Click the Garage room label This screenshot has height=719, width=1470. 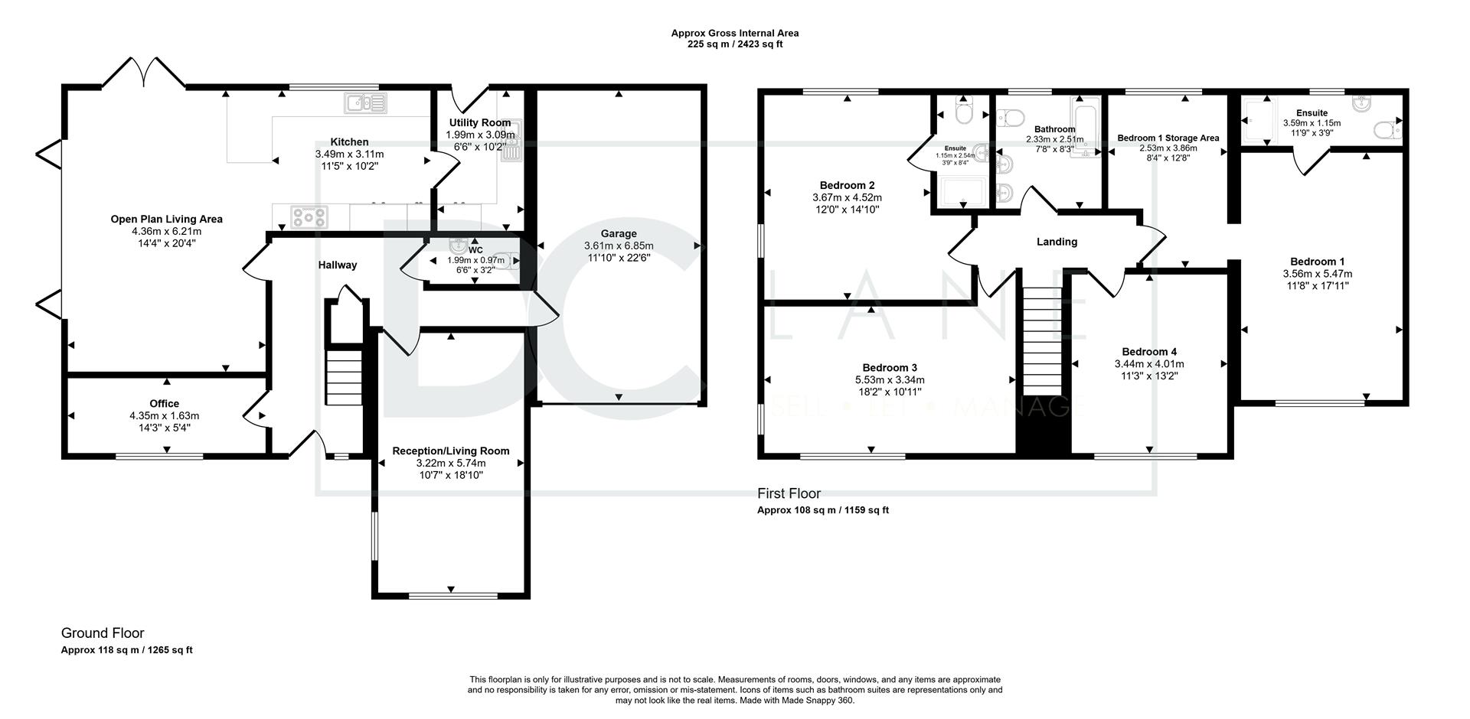point(618,234)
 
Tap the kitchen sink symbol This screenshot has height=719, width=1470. point(366,102)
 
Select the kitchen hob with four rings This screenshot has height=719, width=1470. point(309,217)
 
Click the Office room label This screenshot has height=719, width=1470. point(165,404)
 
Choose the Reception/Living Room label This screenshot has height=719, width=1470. point(451,451)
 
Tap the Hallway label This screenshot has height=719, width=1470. point(338,265)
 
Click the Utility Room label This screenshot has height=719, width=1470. point(480,123)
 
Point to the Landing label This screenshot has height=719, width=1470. point(1057,242)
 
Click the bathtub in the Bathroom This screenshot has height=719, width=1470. point(1086,127)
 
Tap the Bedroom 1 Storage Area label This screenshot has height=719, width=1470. point(1168,138)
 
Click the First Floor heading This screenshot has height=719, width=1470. point(789,494)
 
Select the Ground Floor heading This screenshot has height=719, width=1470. point(103,633)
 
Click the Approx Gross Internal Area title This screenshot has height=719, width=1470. point(735,33)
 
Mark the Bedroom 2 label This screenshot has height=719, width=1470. point(847,185)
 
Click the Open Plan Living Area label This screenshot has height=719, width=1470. point(166,220)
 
